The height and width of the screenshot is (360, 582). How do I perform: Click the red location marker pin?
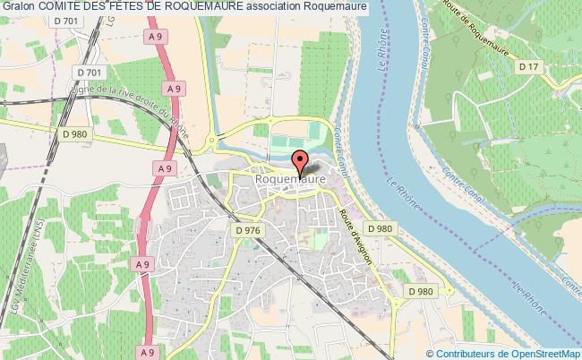(x=300, y=163)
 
